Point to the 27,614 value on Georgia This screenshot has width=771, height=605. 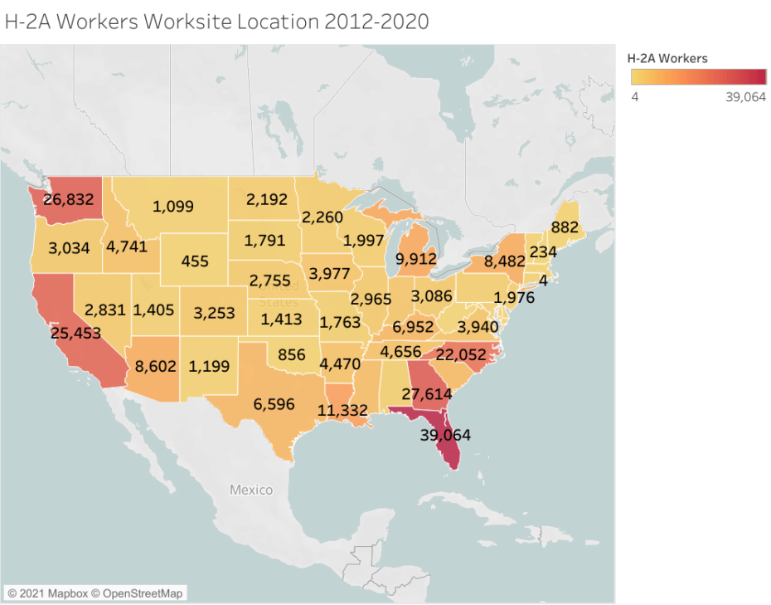tap(429, 393)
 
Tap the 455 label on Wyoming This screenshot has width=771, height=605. tap(195, 261)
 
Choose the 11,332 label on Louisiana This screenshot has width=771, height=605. tap(343, 409)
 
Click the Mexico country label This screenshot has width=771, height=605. tap(251, 490)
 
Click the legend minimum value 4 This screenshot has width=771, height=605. tap(634, 96)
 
